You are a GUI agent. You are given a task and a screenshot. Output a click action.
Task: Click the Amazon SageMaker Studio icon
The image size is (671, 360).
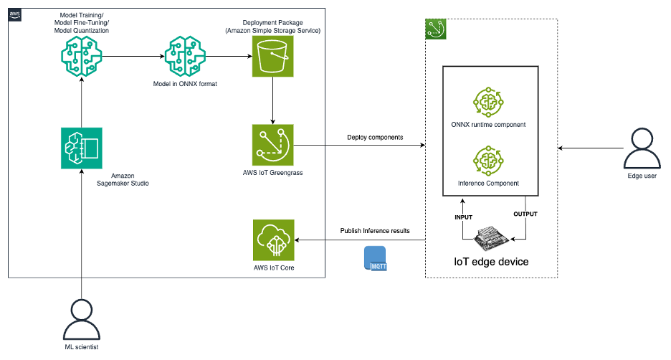(82, 148)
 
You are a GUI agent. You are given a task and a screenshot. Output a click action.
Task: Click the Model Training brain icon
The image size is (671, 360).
(82, 55)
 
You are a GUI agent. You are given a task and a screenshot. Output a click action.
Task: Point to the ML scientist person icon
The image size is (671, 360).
(82, 320)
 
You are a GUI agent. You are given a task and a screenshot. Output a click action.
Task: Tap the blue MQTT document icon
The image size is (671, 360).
(374, 257)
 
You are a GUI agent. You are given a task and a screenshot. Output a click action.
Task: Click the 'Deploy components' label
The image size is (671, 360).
(372, 137)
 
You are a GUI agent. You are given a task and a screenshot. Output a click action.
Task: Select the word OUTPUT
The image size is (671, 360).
(525, 214)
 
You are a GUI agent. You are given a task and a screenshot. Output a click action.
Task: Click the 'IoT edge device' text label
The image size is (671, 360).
(492, 262)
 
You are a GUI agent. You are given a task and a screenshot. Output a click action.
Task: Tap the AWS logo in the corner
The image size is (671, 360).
(15, 14)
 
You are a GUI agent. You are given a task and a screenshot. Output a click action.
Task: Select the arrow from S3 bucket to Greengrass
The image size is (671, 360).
(273, 100)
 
